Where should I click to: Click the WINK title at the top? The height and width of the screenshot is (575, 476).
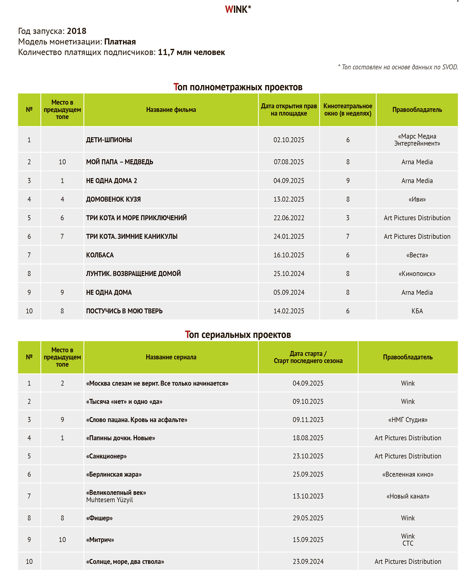pyautogui.click(x=238, y=10)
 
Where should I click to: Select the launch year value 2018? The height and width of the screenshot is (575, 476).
pyautogui.click(x=76, y=31)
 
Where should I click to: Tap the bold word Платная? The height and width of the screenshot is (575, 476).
pyautogui.click(x=120, y=42)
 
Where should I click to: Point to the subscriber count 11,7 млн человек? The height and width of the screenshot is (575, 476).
pyautogui.click(x=191, y=52)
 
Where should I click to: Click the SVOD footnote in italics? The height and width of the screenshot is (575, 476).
pyautogui.click(x=398, y=67)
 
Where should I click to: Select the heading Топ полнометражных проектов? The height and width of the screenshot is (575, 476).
pyautogui.click(x=238, y=87)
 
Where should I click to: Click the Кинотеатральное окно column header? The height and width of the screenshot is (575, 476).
pyautogui.click(x=348, y=110)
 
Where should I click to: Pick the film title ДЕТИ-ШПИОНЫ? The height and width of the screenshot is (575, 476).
pyautogui.click(x=109, y=140)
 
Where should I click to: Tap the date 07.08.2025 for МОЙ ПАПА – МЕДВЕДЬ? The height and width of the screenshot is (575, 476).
pyautogui.click(x=289, y=162)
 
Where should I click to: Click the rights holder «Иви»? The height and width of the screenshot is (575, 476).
pyautogui.click(x=417, y=199)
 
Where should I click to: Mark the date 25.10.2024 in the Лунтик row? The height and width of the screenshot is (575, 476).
pyautogui.click(x=289, y=274)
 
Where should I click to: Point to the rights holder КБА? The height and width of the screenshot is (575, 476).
pyautogui.click(x=417, y=311)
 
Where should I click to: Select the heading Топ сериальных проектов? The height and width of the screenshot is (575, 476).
pyautogui.click(x=238, y=335)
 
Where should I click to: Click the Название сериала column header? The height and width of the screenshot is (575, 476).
pyautogui.click(x=171, y=357)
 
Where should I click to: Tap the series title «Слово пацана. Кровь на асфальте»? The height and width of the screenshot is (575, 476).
pyautogui.click(x=137, y=420)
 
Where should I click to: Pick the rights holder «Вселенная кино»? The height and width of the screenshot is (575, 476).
pyautogui.click(x=408, y=474)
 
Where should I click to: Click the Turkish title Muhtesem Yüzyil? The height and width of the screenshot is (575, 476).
pyautogui.click(x=109, y=500)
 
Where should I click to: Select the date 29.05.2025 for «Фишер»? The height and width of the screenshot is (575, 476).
pyautogui.click(x=308, y=518)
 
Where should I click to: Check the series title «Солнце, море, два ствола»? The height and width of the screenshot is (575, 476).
pyautogui.click(x=125, y=562)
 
